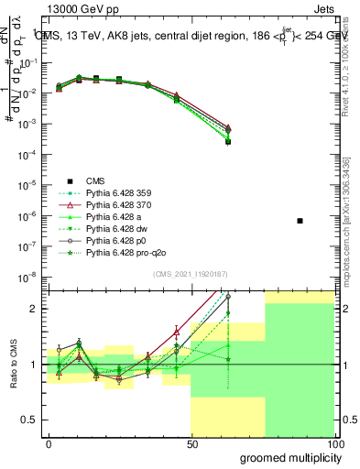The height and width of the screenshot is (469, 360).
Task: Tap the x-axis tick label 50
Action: [x=191, y=443]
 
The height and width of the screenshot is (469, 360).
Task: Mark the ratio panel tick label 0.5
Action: [x=32, y=420]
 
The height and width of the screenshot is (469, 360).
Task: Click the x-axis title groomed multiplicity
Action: [x=286, y=457]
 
